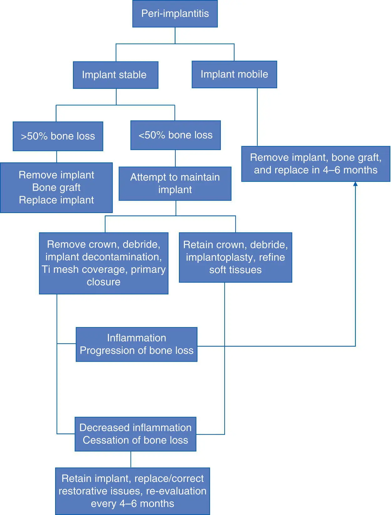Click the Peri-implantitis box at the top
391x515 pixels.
tap(175, 14)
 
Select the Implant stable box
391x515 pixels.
tap(115, 75)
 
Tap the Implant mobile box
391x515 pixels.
tap(234, 74)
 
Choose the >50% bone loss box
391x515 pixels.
tap(58, 136)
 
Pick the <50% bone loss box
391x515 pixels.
tap(175, 135)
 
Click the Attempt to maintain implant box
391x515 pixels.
tap(175, 183)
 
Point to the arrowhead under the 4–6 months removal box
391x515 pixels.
tap(355, 184)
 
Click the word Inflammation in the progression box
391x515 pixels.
tap(136, 338)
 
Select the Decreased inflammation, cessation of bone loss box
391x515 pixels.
tap(135, 434)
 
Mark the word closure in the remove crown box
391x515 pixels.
tap(104, 282)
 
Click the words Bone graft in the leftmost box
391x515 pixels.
tap(56, 187)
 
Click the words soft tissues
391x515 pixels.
tap(235, 270)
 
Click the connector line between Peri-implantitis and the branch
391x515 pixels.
tap(175, 35)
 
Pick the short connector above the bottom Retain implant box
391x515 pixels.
tap(131, 459)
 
